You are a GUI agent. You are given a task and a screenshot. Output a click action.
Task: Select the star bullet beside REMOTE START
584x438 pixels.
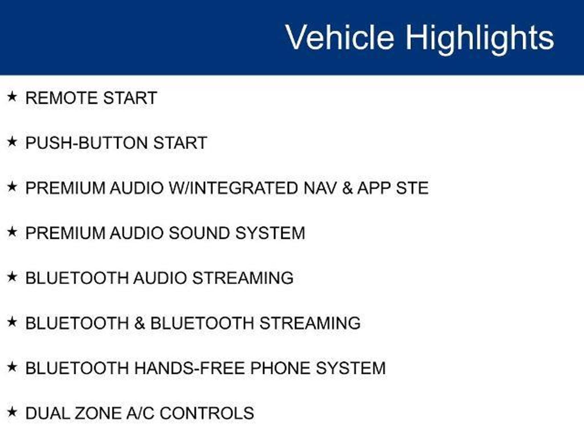pos(12,97)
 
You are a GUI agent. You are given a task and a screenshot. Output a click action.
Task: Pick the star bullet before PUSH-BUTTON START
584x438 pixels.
pos(12,141)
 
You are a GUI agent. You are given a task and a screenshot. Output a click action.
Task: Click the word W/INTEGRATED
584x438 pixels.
pos(234,188)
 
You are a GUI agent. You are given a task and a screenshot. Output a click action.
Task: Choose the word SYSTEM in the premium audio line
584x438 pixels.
pos(270,233)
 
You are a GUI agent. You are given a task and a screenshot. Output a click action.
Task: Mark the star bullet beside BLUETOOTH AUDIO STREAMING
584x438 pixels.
pos(12,277)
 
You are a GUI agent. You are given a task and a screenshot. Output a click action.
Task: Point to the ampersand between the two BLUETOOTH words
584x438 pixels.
pos(139,323)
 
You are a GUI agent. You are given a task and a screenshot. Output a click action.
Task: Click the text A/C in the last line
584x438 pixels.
pos(141,413)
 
